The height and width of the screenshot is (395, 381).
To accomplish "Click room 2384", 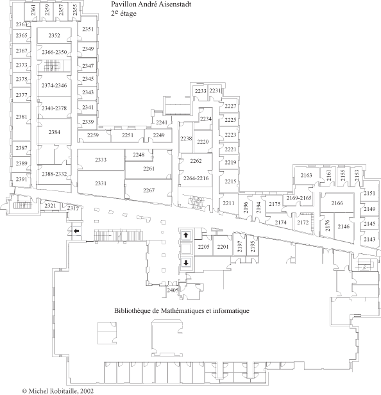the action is (x=54, y=132).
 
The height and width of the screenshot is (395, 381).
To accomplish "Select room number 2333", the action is (x=101, y=160).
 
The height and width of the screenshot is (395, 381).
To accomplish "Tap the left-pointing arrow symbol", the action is (x=76, y=231).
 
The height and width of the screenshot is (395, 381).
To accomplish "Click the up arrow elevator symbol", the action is (x=186, y=235).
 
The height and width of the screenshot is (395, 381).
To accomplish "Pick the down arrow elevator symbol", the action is (x=186, y=263).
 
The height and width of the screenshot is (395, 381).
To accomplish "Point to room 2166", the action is (x=337, y=203).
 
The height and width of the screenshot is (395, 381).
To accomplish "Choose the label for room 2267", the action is (x=149, y=190).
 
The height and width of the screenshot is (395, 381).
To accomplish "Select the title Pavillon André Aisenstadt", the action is (x=151, y=4).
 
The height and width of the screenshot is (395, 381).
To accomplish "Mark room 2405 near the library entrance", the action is (x=173, y=290).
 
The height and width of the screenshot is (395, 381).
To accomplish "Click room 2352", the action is (x=54, y=35).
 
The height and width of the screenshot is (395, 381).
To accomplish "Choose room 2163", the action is (x=306, y=175).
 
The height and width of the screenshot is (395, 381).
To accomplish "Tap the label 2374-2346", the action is (x=54, y=85).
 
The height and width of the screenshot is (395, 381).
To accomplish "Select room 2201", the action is (x=223, y=246).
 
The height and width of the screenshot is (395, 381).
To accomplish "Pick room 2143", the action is (x=369, y=239).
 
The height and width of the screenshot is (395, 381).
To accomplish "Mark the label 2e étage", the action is (x=124, y=13).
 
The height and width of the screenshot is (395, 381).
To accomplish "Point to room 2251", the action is (x=128, y=135).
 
